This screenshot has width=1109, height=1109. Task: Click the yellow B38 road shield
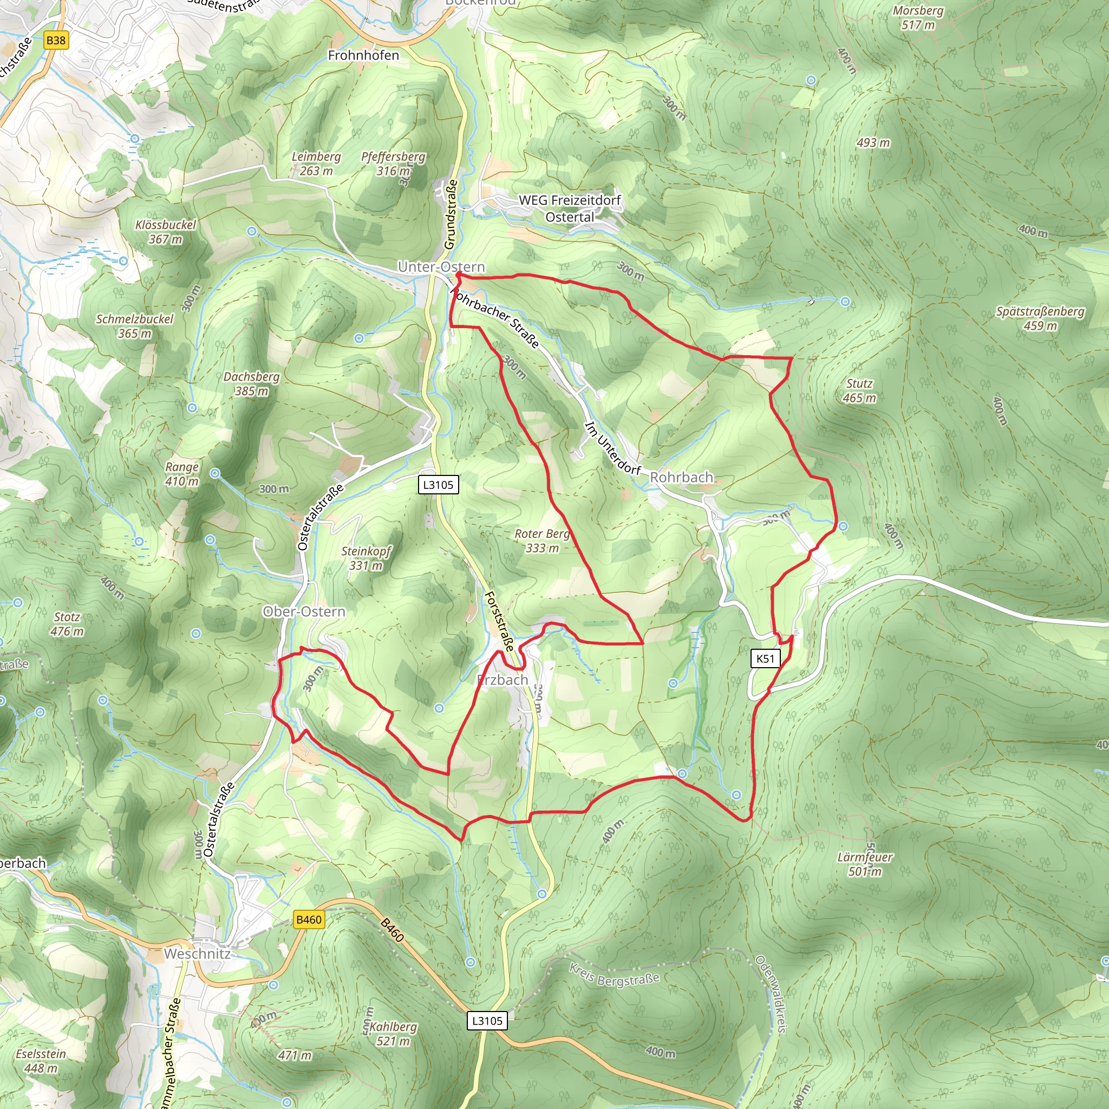tap(56, 40)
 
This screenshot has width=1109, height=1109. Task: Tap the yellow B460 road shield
tap(309, 919)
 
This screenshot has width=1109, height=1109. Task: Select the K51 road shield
tap(765, 658)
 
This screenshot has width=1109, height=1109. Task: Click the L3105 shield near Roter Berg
tap(438, 485)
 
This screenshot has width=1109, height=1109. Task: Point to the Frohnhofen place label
tap(363, 55)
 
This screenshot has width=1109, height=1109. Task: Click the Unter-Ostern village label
tap(441, 267)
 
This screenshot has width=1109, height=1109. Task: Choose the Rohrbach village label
tap(681, 477)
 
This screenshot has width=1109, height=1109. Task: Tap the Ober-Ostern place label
tap(304, 611)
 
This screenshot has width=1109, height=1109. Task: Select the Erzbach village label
tap(503, 680)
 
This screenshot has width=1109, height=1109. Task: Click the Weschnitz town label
tap(197, 954)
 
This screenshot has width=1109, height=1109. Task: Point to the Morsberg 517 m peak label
tap(918, 17)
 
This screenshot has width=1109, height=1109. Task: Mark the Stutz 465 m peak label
tap(859, 390)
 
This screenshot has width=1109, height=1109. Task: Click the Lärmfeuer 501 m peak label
tap(864, 864)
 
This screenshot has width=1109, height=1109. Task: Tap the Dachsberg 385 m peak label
tap(251, 383)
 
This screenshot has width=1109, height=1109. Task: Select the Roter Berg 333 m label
tap(542, 541)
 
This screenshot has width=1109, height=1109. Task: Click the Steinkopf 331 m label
tap(366, 558)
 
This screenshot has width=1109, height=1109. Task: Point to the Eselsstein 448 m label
tap(41, 1061)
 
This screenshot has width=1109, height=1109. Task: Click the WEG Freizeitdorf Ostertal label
tap(570, 208)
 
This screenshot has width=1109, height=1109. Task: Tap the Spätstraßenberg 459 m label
tap(1040, 318)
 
